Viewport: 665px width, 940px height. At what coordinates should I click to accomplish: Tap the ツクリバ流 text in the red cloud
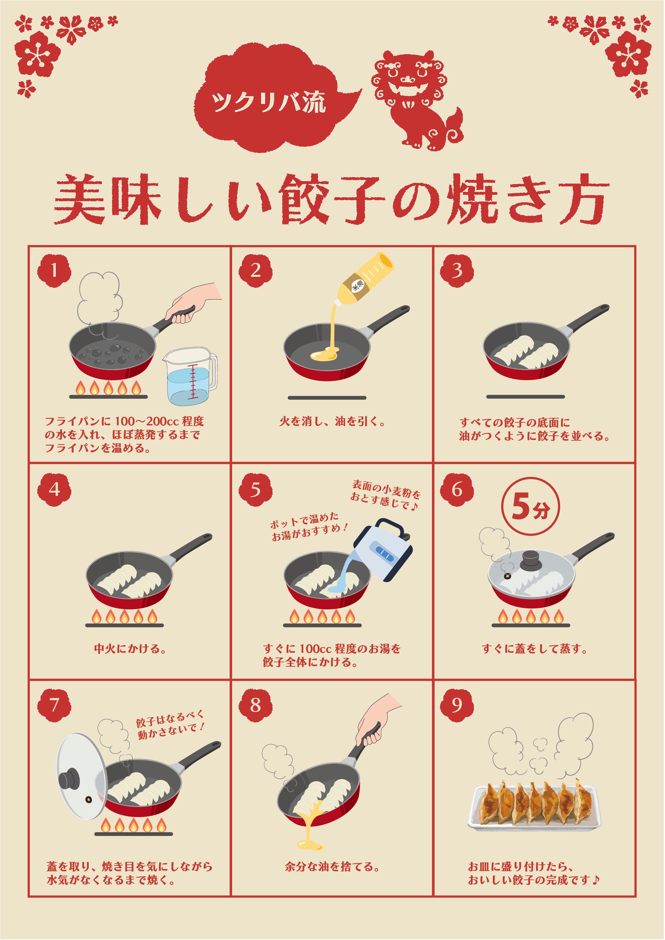click(x=268, y=102)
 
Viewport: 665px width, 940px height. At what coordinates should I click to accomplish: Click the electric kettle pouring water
click(x=383, y=551)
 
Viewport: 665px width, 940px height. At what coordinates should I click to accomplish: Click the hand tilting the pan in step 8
click(x=375, y=721)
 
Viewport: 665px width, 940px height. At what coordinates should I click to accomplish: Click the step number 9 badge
click(x=456, y=705)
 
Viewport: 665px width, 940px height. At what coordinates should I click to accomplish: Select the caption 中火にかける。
click(x=130, y=649)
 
